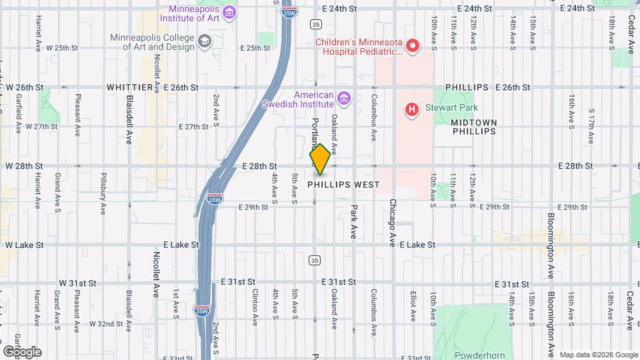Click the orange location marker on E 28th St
tap(320, 160)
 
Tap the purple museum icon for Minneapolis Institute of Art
tap(229, 13)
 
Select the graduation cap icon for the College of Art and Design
tap(203, 41)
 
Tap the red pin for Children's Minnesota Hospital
tap(413, 46)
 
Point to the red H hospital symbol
tap(412, 108)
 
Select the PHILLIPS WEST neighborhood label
tap(344, 185)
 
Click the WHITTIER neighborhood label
tap(130, 87)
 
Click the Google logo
tap(22, 351)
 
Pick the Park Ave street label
tap(354, 222)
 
